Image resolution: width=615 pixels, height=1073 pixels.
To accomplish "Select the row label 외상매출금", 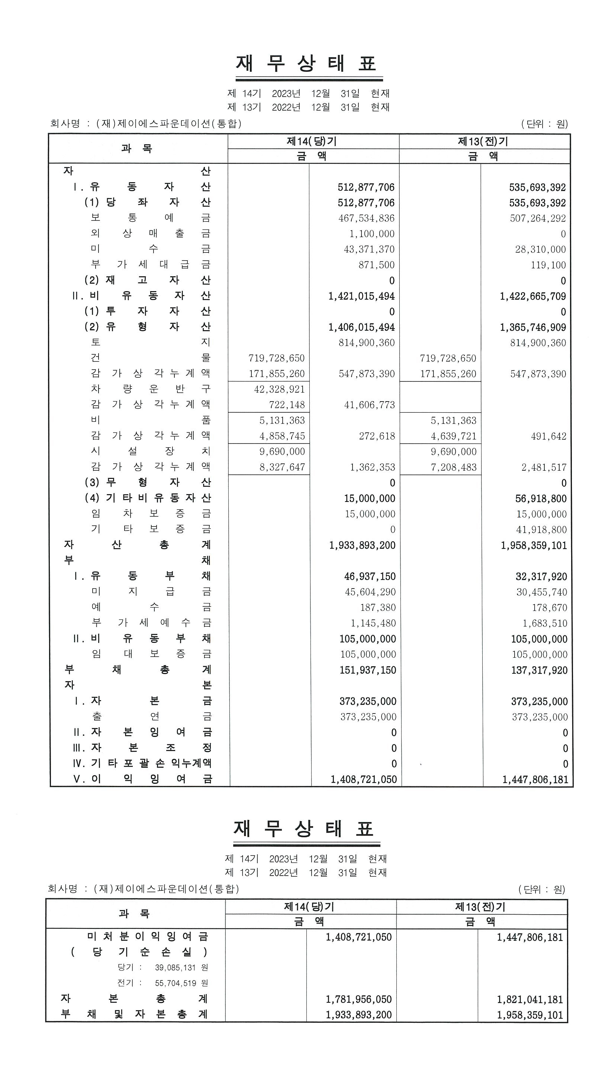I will coord(150,233).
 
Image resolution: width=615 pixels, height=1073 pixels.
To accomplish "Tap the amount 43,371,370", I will coord(369,249).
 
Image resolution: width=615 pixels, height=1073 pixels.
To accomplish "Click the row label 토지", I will coord(150,342).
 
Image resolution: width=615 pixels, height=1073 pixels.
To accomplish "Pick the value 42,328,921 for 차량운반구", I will coord(279,389).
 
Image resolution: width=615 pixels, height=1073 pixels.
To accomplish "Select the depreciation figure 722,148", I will coord(287,405).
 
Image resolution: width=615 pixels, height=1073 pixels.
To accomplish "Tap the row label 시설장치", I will coord(150,451).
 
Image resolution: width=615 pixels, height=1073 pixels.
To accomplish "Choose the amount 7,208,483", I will coord(453,467).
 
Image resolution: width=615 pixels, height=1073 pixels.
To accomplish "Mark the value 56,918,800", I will coord(540,498).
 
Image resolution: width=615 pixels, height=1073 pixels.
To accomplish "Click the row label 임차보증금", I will coord(150,513).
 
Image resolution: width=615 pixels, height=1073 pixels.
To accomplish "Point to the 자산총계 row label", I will coord(137,545).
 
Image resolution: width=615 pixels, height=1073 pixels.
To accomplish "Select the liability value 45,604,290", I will coord(370,592).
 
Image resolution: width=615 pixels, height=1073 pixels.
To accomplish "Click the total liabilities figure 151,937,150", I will coord(367,670).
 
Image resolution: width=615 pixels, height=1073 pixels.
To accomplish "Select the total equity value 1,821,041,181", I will coord(530,999).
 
